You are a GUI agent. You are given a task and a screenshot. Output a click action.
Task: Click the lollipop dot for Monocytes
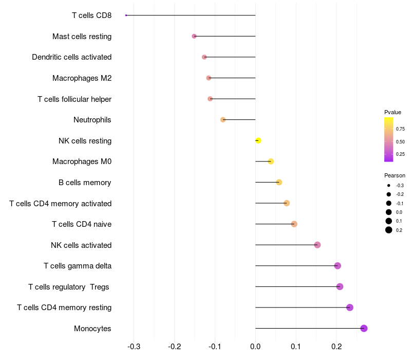point(364,328)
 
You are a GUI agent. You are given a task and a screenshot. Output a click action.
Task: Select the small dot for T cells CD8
point(126,15)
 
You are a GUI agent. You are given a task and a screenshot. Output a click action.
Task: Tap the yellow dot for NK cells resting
point(258,140)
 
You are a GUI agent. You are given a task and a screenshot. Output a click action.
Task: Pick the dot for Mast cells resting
point(194,36)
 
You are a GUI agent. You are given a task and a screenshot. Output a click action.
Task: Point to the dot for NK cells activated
point(317,245)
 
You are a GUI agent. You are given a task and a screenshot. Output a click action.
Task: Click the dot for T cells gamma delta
point(338,265)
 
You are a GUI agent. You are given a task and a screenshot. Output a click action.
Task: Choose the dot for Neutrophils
point(223,120)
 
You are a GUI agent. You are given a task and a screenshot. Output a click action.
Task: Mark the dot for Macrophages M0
point(271,161)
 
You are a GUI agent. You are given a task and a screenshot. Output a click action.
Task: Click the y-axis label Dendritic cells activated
point(71,57)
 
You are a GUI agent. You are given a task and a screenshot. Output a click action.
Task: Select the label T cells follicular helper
point(74,99)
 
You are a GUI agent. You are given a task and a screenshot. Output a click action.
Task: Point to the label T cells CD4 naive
point(82,224)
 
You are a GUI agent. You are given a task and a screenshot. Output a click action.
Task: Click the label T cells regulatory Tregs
point(69,286)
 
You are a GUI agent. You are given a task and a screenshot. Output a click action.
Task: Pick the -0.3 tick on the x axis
point(134,347)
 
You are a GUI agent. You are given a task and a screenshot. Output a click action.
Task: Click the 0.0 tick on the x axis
point(255,347)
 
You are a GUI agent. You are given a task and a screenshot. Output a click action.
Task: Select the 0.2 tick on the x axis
point(336,347)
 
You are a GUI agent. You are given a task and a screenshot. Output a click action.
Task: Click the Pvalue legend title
point(393,112)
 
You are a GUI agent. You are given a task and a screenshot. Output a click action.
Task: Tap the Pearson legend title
point(395,175)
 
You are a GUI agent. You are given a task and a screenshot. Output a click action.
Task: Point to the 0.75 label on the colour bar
point(400,129)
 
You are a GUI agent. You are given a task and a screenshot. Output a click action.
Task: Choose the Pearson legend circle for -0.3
point(389,185)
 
